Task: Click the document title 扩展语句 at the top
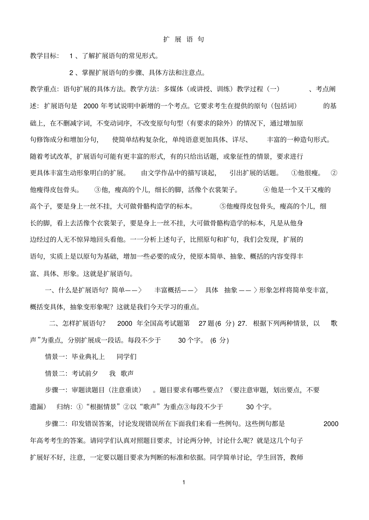[x=184, y=39]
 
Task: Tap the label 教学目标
[x=44, y=56]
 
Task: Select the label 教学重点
[x=44, y=89]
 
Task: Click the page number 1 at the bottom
[x=184, y=482]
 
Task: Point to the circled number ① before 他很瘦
[x=294, y=173]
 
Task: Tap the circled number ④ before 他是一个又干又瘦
[x=266, y=190]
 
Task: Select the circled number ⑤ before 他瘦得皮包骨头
[x=223, y=206]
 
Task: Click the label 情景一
[x=56, y=356]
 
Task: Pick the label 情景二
[x=56, y=373]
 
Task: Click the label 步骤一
[x=56, y=390]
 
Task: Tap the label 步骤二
[x=56, y=423]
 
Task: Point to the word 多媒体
[x=174, y=89]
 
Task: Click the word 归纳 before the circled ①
[x=63, y=407]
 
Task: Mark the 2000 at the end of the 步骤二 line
[x=331, y=423]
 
